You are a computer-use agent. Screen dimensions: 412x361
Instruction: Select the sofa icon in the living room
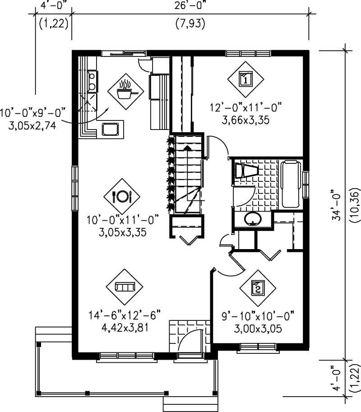(124, 287)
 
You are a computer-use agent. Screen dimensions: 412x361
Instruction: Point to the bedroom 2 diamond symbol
(257, 287)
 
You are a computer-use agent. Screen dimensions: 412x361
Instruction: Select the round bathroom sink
(253, 219)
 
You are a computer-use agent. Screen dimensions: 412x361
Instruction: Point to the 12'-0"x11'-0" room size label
(246, 108)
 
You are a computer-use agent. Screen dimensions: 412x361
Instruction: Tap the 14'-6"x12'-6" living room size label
(124, 314)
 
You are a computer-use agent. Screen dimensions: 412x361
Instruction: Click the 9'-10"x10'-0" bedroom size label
(258, 315)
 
